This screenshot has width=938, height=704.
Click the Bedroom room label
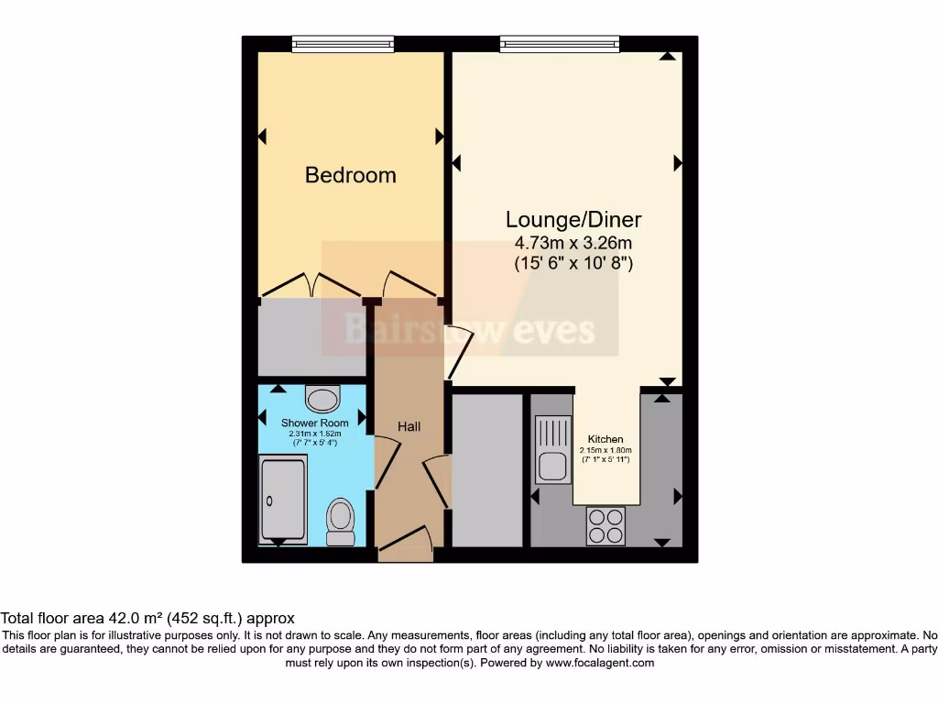pyautogui.click(x=350, y=175)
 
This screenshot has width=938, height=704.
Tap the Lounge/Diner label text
pyautogui.click(x=573, y=220)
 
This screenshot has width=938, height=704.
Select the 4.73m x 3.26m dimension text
pyautogui.click(x=573, y=243)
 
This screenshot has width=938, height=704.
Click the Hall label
pyautogui.click(x=409, y=426)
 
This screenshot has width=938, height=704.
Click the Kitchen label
pyautogui.click(x=605, y=439)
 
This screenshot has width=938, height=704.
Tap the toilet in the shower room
pyautogui.click(x=341, y=519)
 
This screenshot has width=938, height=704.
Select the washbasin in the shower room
pyautogui.click(x=322, y=399)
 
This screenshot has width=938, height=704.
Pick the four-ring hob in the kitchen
pyautogui.click(x=605, y=525)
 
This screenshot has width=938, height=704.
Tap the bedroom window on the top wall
pyautogui.click(x=343, y=43)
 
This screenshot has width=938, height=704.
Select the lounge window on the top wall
pyautogui.click(x=561, y=43)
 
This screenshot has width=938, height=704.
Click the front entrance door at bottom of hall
pyautogui.click(x=406, y=544)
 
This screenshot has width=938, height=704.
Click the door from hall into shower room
pyautogui.click(x=385, y=463)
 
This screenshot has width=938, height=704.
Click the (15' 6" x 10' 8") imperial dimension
pyautogui.click(x=573, y=263)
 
